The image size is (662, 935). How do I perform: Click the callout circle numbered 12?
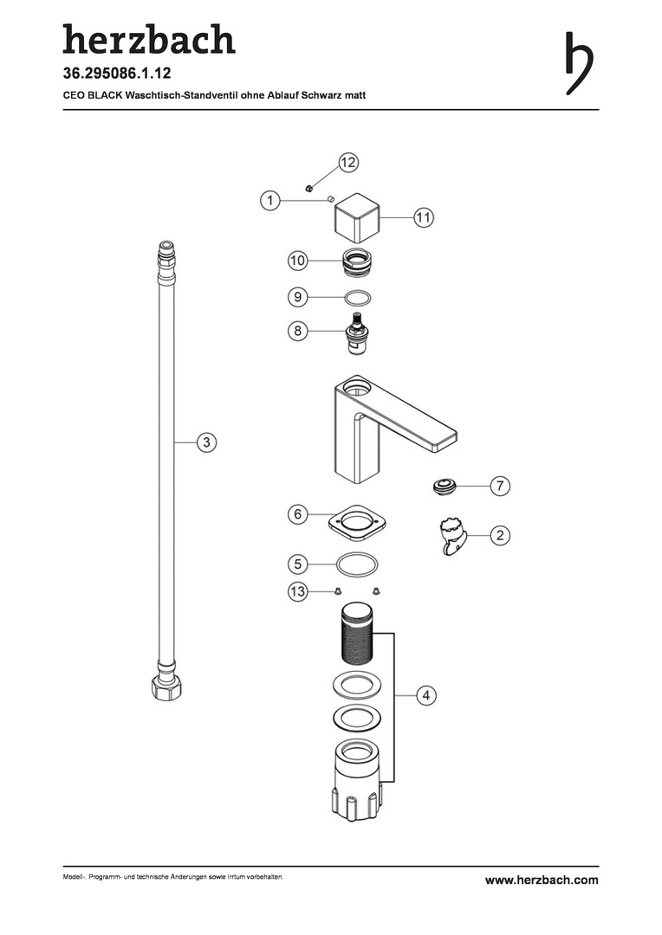point(347,162)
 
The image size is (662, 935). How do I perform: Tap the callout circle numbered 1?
point(269,200)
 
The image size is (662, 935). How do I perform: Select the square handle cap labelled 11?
point(356,216)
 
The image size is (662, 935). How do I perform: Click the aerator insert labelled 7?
point(445,486)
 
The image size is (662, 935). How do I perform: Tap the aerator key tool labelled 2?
point(452,536)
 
